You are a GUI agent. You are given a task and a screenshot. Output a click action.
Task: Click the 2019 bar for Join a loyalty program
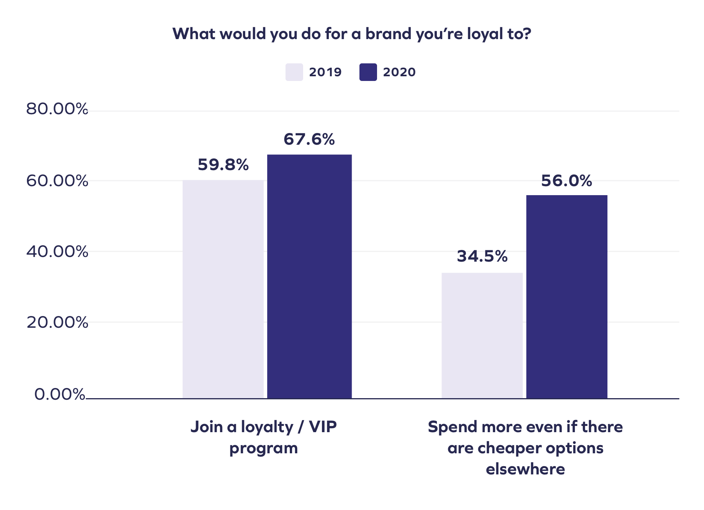[223, 289]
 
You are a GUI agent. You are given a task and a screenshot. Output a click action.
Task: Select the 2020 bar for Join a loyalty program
[309, 277]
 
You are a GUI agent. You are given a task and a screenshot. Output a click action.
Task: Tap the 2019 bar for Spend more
[482, 336]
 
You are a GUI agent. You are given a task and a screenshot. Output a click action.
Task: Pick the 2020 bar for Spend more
[567, 297]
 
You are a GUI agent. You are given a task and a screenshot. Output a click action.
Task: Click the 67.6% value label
[309, 140]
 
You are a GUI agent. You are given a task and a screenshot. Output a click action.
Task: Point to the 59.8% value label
[223, 165]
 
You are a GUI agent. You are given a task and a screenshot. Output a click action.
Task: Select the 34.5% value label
[482, 257]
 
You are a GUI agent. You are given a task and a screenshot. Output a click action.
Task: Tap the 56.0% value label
[566, 181]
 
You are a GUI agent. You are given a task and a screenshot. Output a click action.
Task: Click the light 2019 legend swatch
[294, 72]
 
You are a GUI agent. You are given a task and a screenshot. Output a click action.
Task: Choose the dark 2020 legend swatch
[368, 72]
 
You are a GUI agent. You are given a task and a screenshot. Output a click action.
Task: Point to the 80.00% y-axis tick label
[57, 109]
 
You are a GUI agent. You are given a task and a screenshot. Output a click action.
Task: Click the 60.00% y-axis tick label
[57, 181]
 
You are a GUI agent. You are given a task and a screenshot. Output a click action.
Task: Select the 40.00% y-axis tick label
[57, 252]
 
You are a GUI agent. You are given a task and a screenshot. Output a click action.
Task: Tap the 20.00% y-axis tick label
[57, 323]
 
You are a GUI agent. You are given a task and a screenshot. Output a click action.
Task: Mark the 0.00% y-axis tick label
[60, 395]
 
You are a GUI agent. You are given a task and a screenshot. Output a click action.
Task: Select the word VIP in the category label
[323, 427]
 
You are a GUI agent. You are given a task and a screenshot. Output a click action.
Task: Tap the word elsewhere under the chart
[525, 469]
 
